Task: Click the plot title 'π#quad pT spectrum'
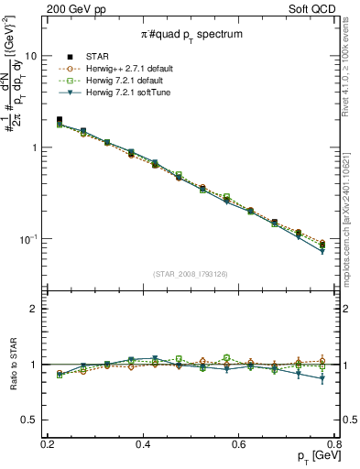pos(191,35)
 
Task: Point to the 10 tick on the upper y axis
pos(30,56)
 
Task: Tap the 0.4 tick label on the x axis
pos(143,444)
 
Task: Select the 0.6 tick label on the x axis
pos(238,444)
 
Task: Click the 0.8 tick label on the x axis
pos(333,444)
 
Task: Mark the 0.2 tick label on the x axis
pos(48,444)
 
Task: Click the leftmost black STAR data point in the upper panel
pos(60,120)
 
